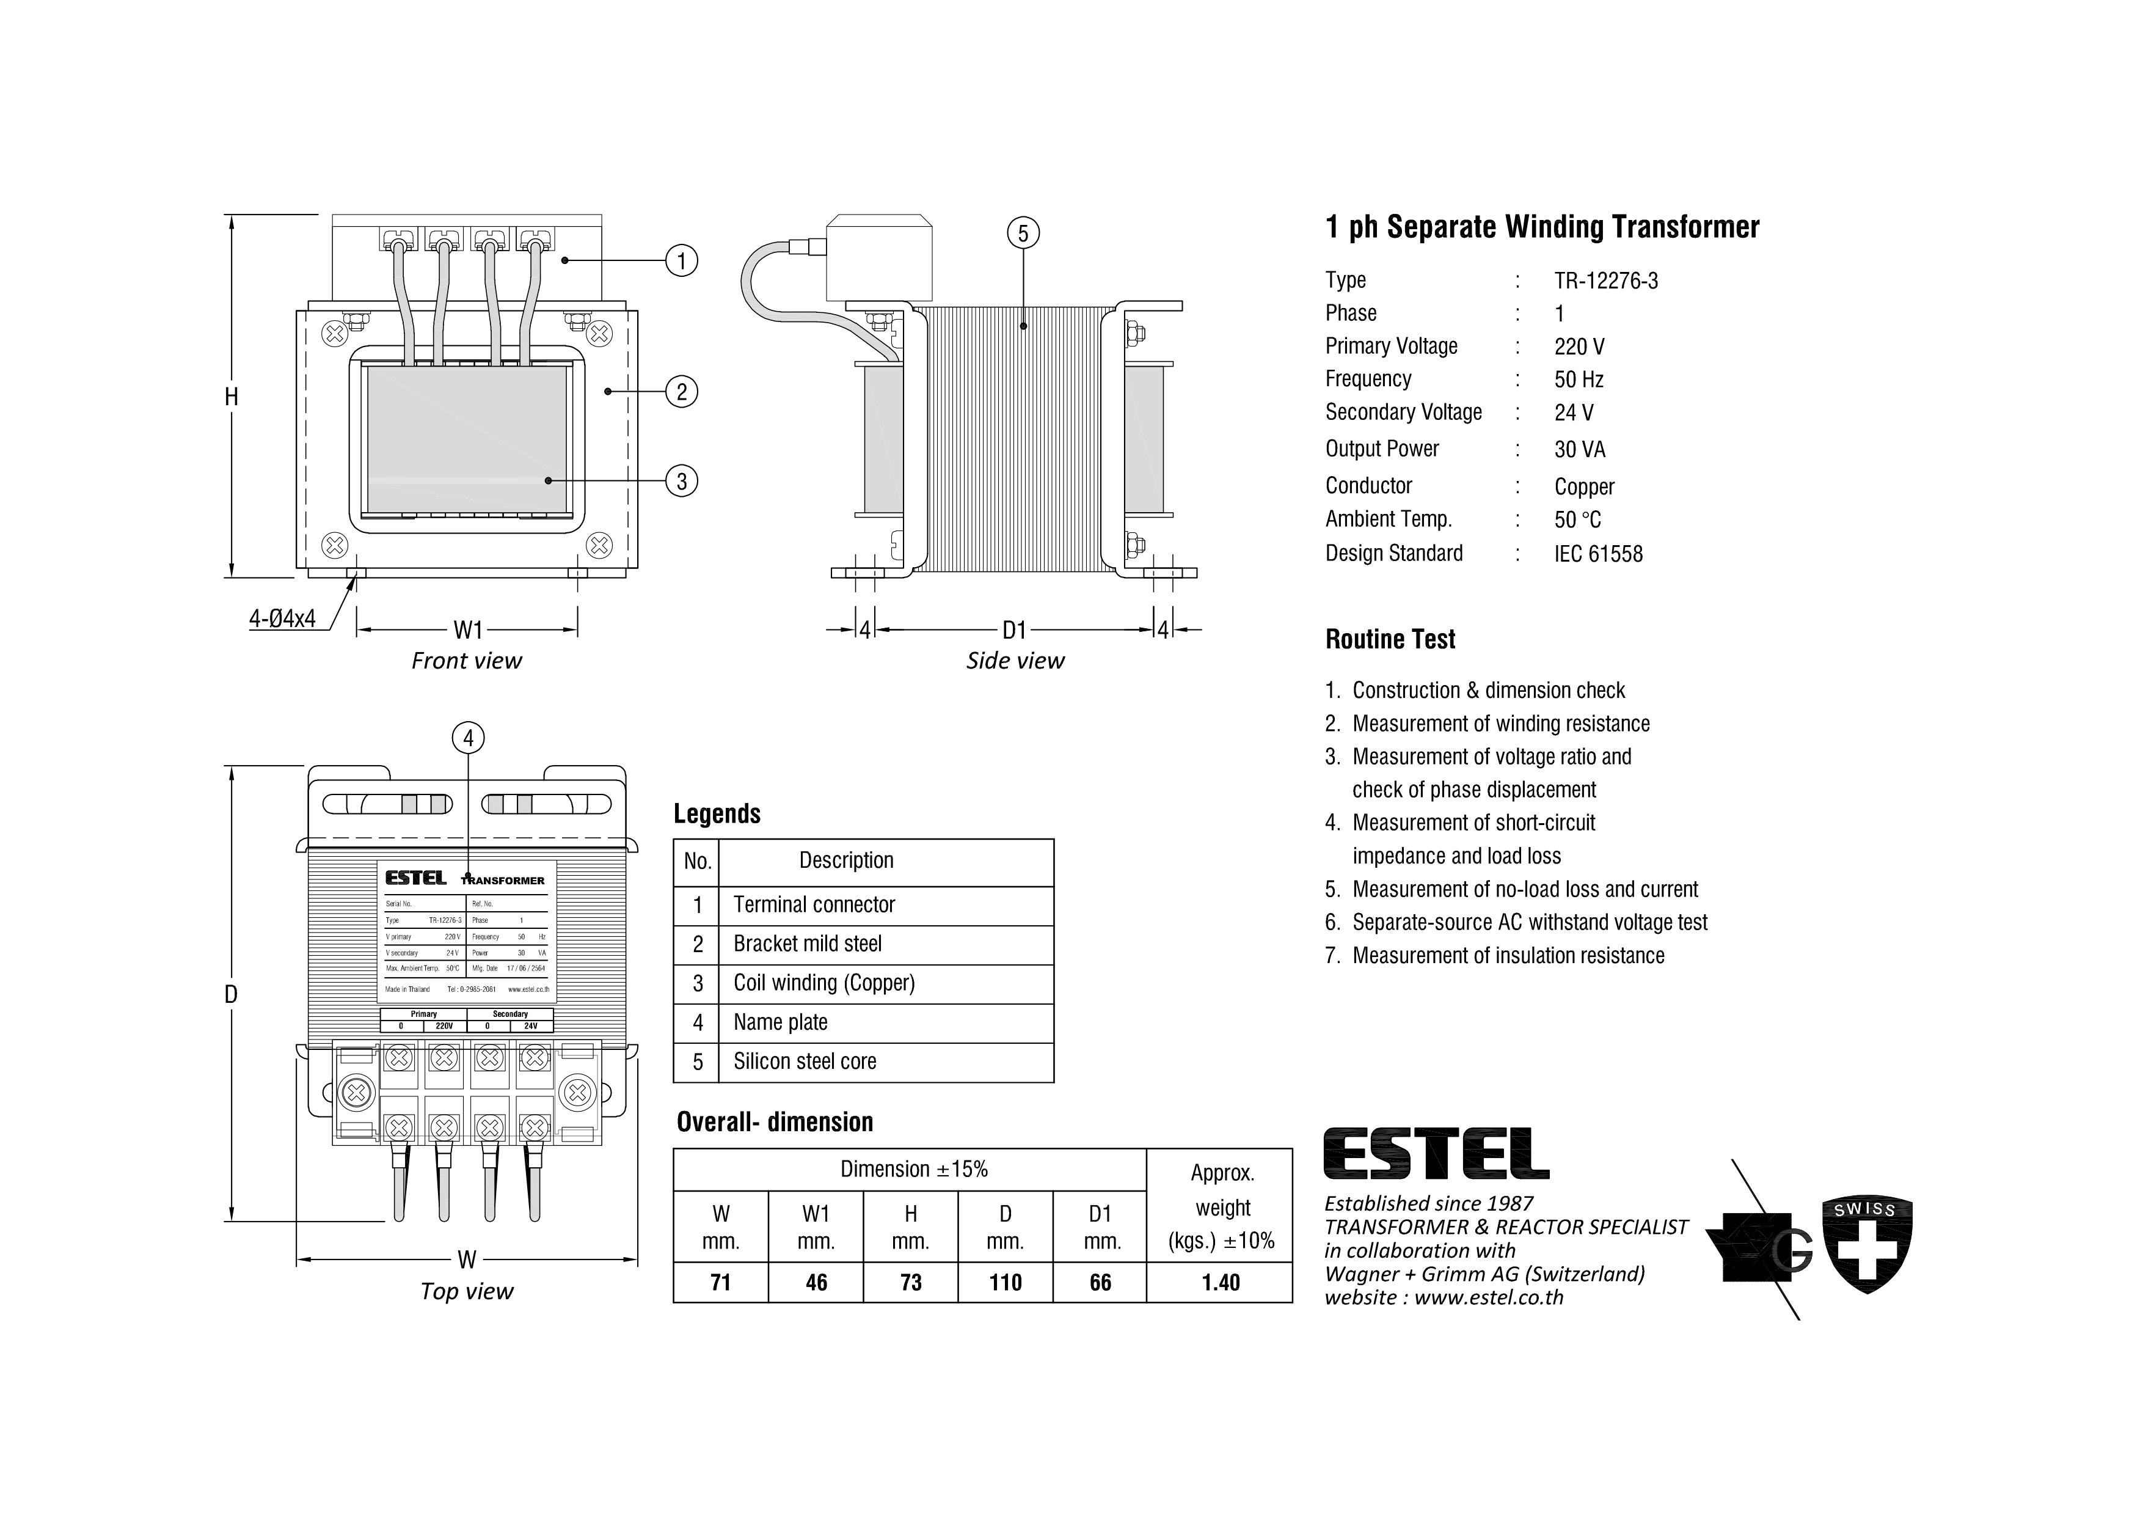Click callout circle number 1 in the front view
(681, 260)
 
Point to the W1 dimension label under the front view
(467, 630)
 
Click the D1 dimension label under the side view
(1015, 630)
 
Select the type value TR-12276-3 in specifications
(1605, 281)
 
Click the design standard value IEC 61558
(1598, 554)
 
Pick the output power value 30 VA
(1579, 450)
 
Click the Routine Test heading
(1390, 639)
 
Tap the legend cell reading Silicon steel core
(805, 1062)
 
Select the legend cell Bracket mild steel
(808, 944)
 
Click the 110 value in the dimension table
(1006, 1283)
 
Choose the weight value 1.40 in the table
(1220, 1283)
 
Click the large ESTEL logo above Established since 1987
(1436, 1154)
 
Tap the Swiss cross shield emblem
(1867, 1245)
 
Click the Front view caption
(467, 661)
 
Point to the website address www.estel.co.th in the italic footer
(1489, 1297)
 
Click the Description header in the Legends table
(845, 860)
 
